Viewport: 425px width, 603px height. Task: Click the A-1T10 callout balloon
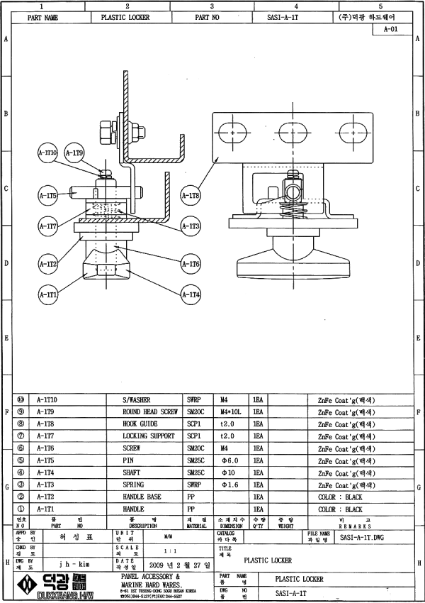point(47,153)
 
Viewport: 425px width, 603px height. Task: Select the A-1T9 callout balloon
point(74,153)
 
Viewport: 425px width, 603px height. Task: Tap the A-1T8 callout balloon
point(191,195)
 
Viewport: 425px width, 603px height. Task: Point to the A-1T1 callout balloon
point(47,294)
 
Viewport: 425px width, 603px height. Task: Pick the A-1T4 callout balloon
point(191,294)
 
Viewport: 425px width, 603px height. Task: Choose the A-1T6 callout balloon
point(191,264)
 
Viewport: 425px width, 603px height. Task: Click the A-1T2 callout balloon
point(47,264)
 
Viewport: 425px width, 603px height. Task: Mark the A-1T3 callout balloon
point(191,226)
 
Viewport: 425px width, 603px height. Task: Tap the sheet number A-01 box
point(395,30)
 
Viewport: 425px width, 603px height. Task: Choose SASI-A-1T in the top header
point(286,17)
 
